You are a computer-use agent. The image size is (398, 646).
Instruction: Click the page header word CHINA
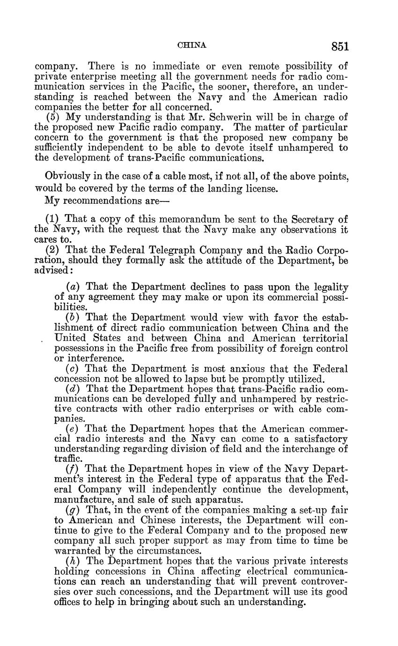tap(192, 45)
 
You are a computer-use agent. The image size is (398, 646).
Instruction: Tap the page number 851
tap(340, 46)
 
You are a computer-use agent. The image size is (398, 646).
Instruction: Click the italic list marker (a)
tap(73, 287)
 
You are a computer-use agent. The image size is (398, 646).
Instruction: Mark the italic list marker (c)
tap(73, 369)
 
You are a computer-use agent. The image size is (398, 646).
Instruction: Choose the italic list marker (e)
tap(73, 429)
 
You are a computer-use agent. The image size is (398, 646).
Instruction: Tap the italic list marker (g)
tap(73, 510)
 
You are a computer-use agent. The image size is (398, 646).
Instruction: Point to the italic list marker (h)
tap(73, 561)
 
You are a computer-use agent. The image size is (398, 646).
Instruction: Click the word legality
tap(330, 287)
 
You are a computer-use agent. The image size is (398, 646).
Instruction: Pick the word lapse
tap(227, 379)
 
